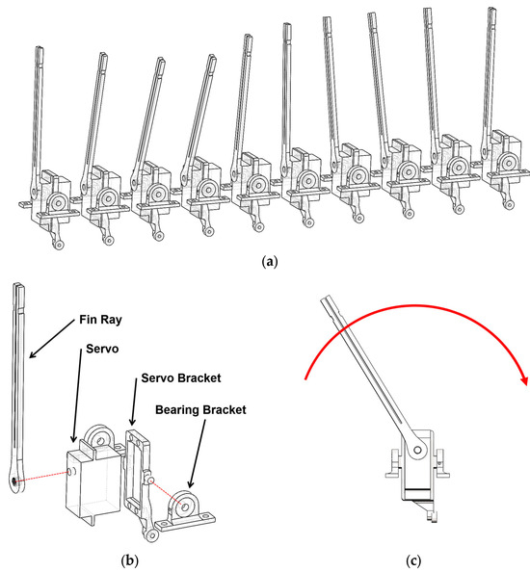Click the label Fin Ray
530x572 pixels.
100,320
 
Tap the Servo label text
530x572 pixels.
102,349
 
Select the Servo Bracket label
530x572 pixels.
181,377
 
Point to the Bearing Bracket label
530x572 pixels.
200,409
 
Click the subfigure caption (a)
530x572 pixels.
270,262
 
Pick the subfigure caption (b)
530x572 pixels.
130,559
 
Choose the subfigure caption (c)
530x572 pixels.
413,559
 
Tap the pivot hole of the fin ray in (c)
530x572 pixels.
417,450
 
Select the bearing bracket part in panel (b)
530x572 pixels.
184,511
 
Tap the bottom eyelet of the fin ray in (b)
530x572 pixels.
14,481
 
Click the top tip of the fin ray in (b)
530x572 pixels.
19,284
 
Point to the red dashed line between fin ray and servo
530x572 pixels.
42,477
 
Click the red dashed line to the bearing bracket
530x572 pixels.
167,493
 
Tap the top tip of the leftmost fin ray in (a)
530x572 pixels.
40,48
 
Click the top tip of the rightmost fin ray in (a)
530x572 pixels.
492,9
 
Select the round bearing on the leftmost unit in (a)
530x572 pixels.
57,202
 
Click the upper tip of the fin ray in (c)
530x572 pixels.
324,299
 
